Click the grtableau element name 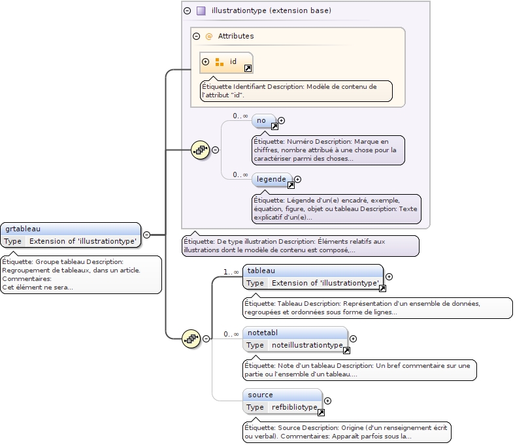coord(22,229)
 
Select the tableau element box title coord(261,271)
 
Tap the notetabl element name coord(263,333)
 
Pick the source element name coord(260,395)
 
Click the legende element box coord(271,179)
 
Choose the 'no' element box coord(261,120)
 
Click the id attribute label coord(233,61)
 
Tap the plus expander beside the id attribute coord(206,61)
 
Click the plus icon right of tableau coord(389,276)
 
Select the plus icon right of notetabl coord(354,338)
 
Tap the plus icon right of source coord(328,401)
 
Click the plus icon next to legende coord(297,179)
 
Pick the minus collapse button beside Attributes coord(196,36)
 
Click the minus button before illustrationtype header coord(188,10)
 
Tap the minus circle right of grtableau coord(146,234)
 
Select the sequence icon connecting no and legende coord(199,150)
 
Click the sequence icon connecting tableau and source coord(191,338)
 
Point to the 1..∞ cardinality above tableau coord(231,272)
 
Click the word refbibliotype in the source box coord(294,407)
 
